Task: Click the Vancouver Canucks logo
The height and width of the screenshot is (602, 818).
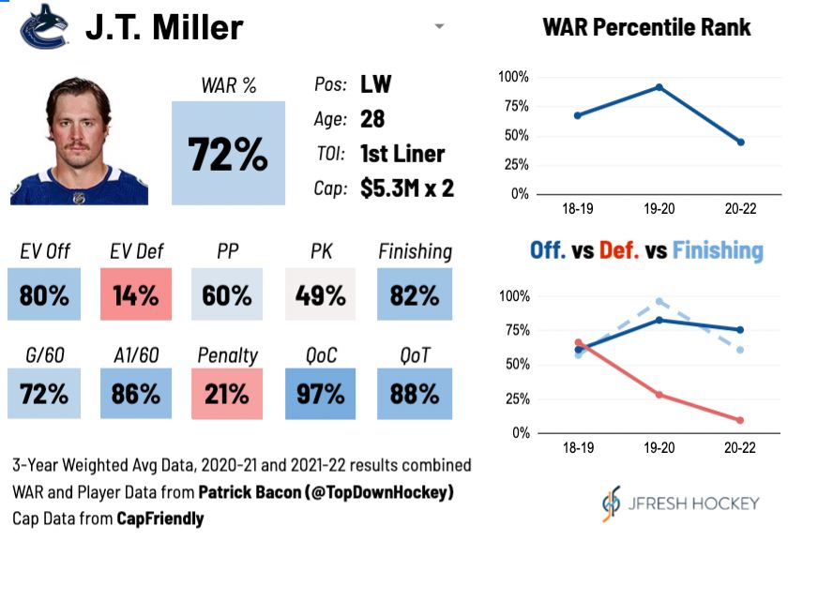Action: (x=44, y=26)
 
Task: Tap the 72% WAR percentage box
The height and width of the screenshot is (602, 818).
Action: (x=228, y=153)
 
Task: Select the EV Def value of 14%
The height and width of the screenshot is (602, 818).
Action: (x=135, y=295)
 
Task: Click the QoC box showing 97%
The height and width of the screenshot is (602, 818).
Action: (x=321, y=393)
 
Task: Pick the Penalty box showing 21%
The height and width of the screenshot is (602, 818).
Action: (x=228, y=393)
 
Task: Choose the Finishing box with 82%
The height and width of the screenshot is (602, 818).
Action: (x=415, y=295)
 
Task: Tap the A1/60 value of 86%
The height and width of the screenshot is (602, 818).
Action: (x=135, y=393)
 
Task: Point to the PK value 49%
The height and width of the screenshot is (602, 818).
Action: (x=321, y=295)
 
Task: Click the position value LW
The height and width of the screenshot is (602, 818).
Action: (x=376, y=84)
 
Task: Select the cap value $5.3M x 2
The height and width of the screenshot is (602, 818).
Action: (x=407, y=188)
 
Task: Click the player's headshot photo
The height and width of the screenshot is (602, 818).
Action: (x=79, y=141)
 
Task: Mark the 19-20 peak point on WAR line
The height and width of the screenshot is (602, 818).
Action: (x=659, y=87)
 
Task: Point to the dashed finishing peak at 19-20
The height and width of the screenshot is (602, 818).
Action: (x=659, y=301)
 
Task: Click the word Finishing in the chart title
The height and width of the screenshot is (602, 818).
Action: (x=718, y=250)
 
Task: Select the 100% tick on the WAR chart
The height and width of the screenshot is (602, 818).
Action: (x=514, y=77)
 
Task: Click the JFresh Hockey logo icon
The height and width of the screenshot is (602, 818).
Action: (x=611, y=504)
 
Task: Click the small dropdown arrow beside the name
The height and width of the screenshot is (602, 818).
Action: (x=439, y=27)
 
